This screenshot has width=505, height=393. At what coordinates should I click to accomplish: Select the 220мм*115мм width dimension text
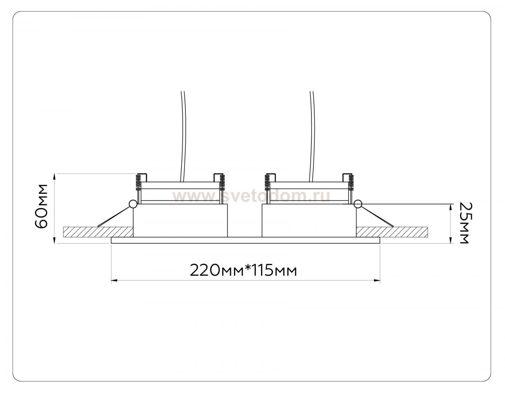point(243,270)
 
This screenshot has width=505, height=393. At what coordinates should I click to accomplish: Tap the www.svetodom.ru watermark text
point(251,197)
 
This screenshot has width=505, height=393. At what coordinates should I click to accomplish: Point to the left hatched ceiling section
point(98,232)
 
